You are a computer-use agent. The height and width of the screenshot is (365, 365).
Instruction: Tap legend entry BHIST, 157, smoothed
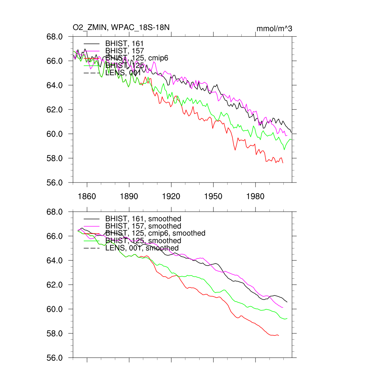[x=143, y=226]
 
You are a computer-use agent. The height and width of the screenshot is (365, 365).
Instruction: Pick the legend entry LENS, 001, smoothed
[x=142, y=248]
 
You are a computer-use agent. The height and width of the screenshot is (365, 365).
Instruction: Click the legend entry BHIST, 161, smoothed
[x=143, y=219]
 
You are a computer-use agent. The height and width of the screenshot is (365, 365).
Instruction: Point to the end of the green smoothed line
[x=287, y=318]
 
